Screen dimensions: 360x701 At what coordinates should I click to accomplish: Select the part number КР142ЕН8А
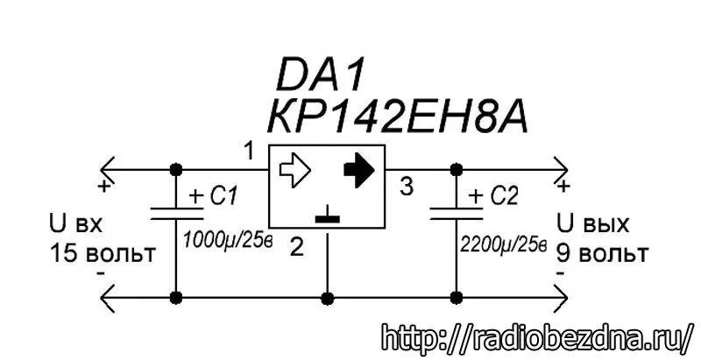[x=401, y=116]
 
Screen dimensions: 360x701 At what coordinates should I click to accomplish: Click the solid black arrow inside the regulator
[x=358, y=168]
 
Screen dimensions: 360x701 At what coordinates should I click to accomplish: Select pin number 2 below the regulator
[x=296, y=248]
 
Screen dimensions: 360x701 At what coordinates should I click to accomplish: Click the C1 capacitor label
[x=220, y=197]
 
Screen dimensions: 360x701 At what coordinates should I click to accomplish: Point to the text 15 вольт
[x=102, y=254]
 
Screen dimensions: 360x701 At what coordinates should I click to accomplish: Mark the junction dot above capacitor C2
[x=456, y=168]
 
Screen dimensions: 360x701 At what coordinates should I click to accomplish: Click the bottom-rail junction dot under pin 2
[x=327, y=298]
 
